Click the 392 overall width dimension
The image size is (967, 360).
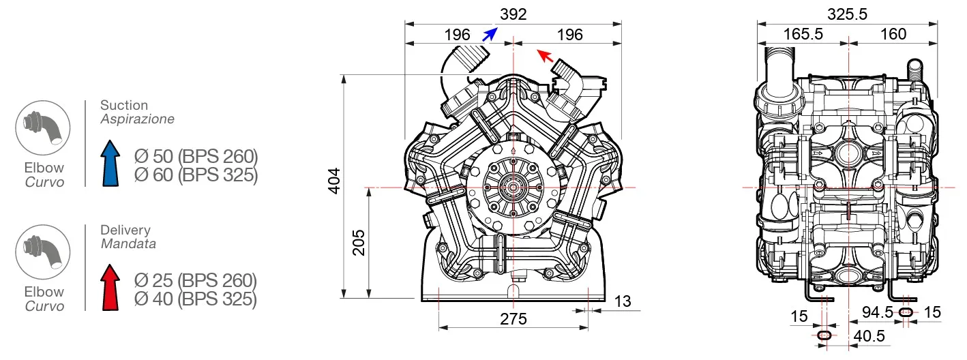[513, 14]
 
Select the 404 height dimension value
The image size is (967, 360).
[333, 180]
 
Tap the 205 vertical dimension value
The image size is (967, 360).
[359, 241]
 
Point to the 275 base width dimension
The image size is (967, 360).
[513, 319]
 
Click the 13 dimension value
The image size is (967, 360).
[621, 301]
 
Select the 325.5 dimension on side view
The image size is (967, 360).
[847, 14]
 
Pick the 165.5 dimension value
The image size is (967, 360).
[803, 34]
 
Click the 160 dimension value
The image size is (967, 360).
[893, 34]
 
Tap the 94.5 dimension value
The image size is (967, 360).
[878, 312]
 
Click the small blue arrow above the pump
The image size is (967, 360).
[488, 35]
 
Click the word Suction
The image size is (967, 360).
[123, 105]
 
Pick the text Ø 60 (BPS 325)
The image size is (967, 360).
[196, 175]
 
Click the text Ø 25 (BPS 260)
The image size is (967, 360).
[195, 280]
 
